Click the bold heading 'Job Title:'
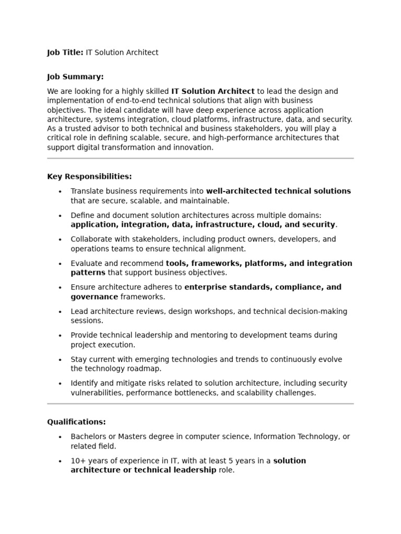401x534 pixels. [65, 52]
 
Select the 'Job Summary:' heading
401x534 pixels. [75, 77]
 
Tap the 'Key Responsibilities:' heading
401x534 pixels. [89, 176]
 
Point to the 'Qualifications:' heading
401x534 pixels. [76, 421]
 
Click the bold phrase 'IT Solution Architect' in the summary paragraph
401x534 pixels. [213, 91]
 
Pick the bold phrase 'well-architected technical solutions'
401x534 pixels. [278, 191]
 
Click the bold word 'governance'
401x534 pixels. [94, 297]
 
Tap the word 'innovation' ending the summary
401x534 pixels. [193, 148]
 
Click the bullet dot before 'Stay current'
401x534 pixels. [61, 360]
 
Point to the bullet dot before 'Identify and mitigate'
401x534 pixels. [61, 384]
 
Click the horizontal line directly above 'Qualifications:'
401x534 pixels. [200, 404]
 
